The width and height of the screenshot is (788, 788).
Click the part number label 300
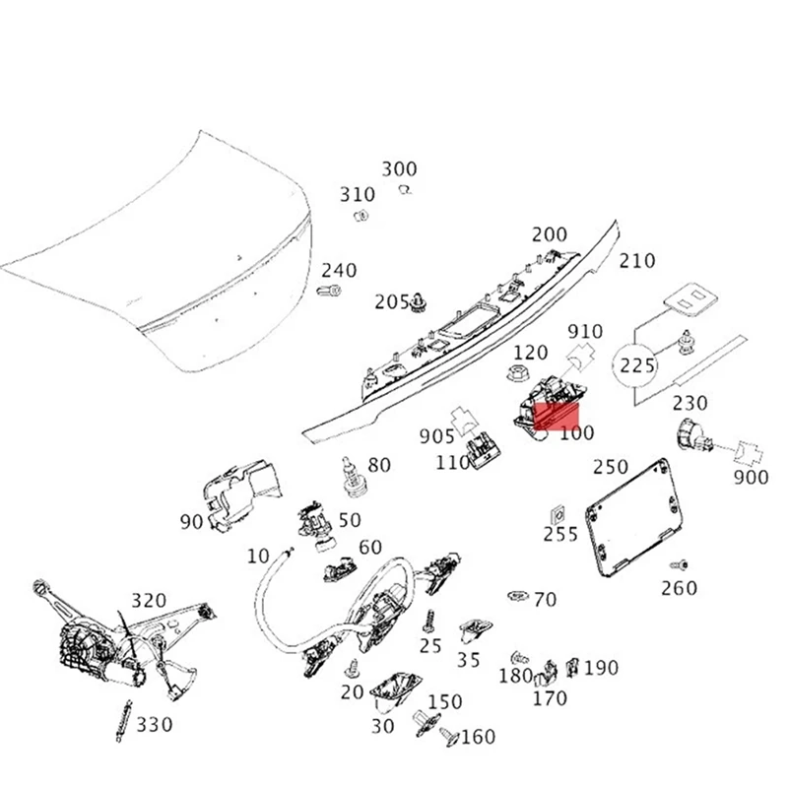(399, 169)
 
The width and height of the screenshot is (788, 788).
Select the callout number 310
(358, 194)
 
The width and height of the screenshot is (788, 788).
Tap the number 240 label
(339, 271)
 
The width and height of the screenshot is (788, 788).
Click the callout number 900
(751, 478)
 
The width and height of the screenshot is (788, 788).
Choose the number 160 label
(479, 737)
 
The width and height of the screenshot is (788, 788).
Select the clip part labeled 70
(516, 596)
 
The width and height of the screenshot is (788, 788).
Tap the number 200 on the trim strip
(550, 234)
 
